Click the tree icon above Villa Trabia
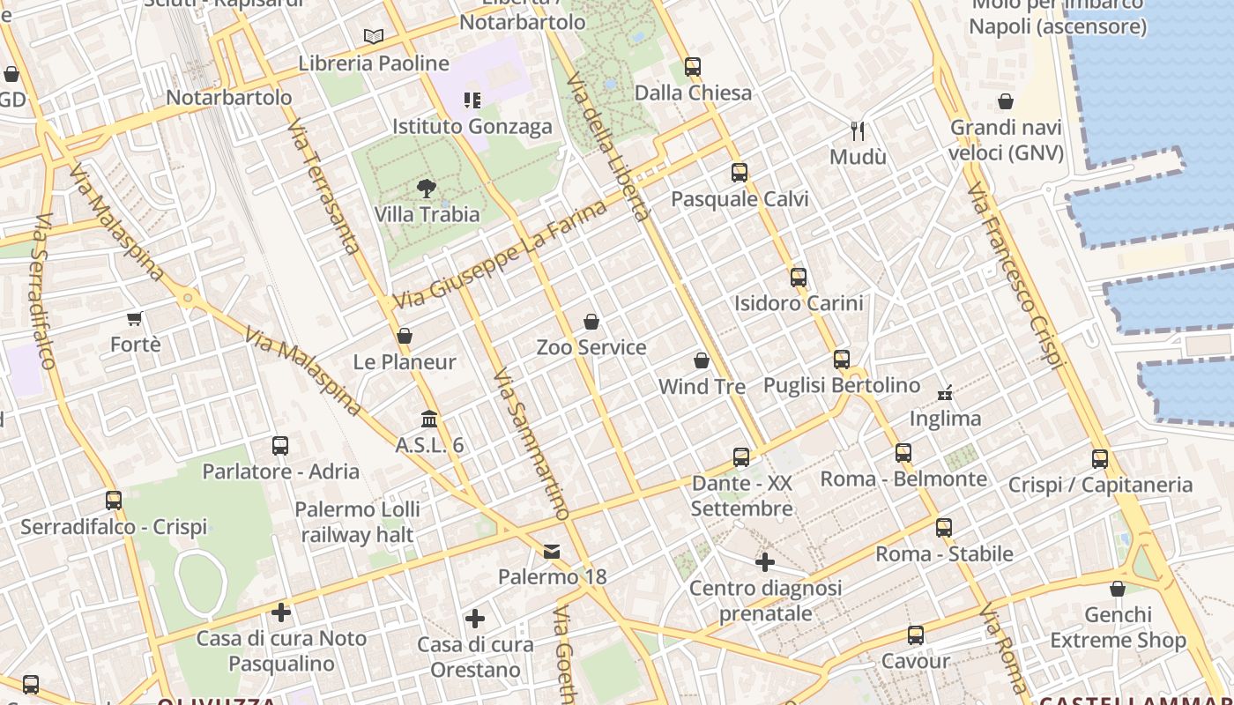[427, 188]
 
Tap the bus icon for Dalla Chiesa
[693, 67]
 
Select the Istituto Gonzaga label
[472, 126]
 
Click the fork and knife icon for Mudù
[858, 131]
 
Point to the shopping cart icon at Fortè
[135, 318]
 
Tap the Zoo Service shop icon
[591, 322]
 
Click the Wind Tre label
[702, 386]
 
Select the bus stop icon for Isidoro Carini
[799, 278]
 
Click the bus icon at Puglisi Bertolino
[842, 360]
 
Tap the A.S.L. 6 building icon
[429, 419]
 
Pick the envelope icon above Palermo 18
[552, 552]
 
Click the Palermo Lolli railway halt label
[357, 522]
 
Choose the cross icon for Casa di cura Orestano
[475, 619]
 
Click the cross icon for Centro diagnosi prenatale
[765, 561]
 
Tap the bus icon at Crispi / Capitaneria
[1100, 458]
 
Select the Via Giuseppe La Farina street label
[500, 255]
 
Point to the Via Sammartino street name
[531, 444]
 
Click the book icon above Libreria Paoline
[374, 37]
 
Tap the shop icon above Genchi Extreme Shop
[1118, 589]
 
